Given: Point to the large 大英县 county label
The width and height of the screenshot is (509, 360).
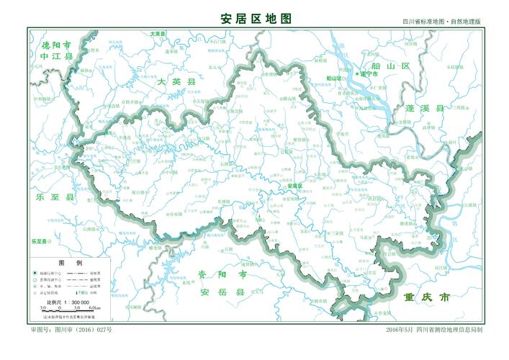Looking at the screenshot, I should pyautogui.click(x=176, y=83).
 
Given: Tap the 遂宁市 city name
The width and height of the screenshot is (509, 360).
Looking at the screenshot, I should pyautogui.click(x=369, y=74).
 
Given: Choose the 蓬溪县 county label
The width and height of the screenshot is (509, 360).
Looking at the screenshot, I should pyautogui.click(x=425, y=108).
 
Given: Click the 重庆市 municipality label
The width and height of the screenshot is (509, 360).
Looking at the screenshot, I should pyautogui.click(x=427, y=297).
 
